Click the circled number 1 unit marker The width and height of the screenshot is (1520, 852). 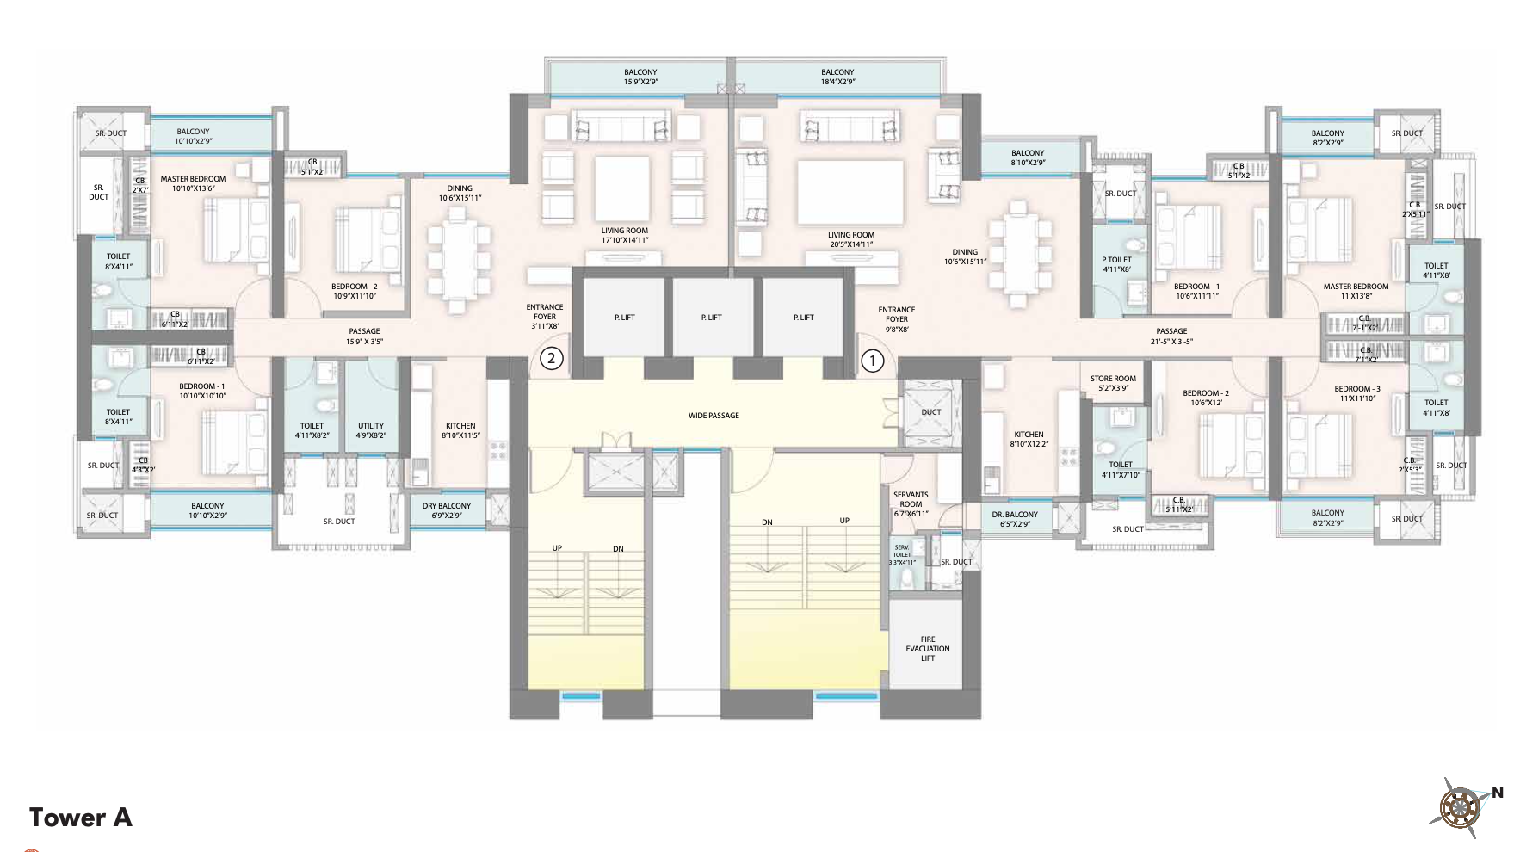[x=872, y=360]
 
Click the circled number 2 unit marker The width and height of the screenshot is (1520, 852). [x=551, y=358]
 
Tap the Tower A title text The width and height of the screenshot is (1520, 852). [x=81, y=817]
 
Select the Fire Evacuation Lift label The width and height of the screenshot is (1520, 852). [x=927, y=649]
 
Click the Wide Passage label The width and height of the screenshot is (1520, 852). [x=714, y=416]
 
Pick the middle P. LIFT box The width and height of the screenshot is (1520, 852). [x=711, y=318]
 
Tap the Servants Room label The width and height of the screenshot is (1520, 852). [x=911, y=504]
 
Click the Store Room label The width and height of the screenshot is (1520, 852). [x=1113, y=383]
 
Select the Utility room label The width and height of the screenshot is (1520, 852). [x=371, y=430]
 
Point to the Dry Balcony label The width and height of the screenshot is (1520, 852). [x=447, y=510]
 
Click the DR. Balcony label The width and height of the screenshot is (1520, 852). [x=1015, y=519]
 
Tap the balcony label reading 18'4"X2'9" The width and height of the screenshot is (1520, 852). [x=837, y=77]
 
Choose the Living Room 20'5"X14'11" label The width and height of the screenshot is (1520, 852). [x=850, y=239]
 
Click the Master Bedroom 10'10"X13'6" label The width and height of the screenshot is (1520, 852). [x=193, y=183]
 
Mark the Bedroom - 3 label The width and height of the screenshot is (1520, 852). [x=1356, y=393]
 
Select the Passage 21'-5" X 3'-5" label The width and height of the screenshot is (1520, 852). [x=1171, y=336]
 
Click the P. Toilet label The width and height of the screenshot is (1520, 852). [x=1116, y=264]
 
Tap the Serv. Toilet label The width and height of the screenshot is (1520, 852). [x=902, y=554]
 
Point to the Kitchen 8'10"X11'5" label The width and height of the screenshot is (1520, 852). [x=460, y=430]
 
